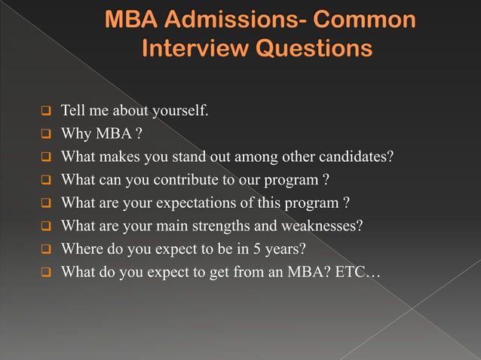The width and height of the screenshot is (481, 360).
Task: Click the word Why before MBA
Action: coord(75,136)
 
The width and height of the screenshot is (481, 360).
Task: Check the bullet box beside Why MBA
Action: coord(45,136)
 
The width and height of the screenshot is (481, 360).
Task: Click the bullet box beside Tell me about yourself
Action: coord(45,114)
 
